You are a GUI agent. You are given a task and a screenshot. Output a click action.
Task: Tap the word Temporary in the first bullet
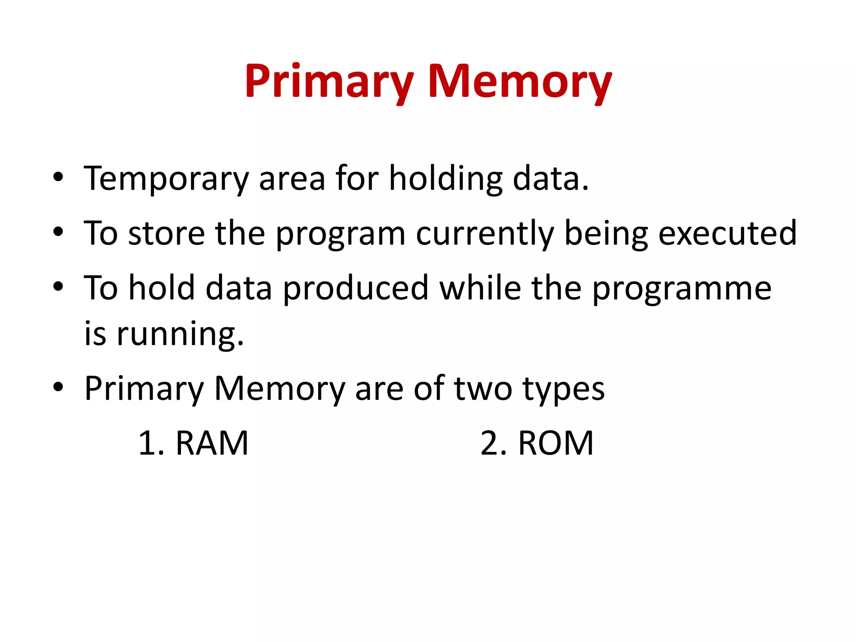click(166, 179)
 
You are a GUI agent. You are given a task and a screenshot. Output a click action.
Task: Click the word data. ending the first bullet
click(550, 179)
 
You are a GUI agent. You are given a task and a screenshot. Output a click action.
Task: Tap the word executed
click(727, 233)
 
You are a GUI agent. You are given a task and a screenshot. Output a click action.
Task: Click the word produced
click(356, 288)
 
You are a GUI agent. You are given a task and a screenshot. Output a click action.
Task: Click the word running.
click(180, 334)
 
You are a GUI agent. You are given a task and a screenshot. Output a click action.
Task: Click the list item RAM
click(212, 443)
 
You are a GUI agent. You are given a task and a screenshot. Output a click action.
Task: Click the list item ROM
click(555, 443)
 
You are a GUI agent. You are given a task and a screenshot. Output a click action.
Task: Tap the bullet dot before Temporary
click(58, 177)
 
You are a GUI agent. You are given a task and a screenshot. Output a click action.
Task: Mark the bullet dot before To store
click(58, 232)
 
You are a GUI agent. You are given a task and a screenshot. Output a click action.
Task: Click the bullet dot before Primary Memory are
click(58, 387)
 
